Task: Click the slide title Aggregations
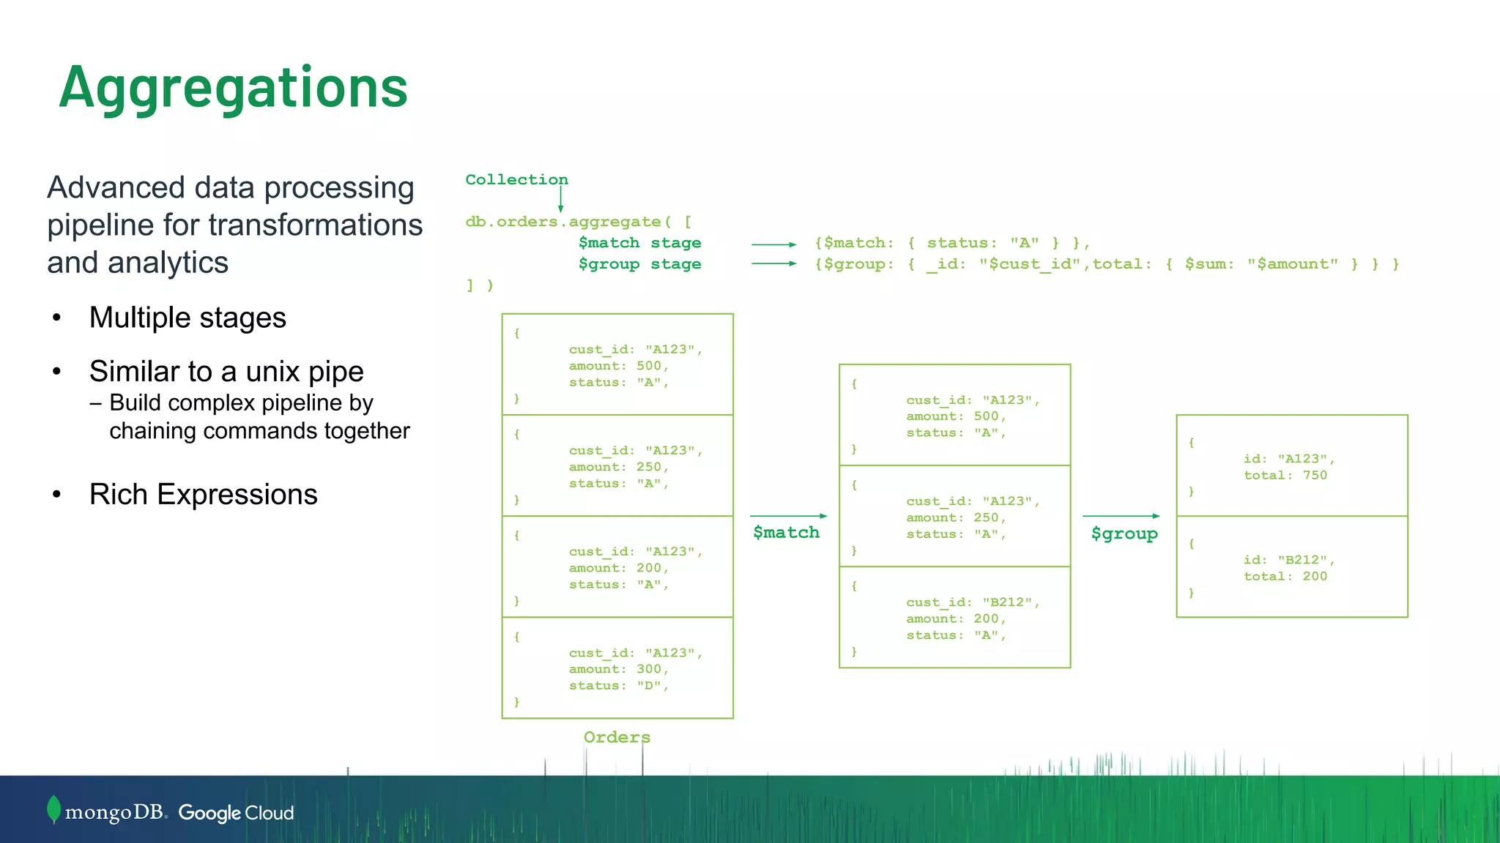(x=233, y=88)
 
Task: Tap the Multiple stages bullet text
(x=187, y=318)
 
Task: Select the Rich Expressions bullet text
(x=203, y=495)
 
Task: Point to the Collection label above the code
(x=516, y=179)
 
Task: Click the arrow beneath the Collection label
(x=561, y=199)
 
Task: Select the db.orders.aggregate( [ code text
(x=579, y=222)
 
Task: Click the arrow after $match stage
(x=773, y=244)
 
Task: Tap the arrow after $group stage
(x=773, y=263)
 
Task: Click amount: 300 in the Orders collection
(x=618, y=669)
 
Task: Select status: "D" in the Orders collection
(x=618, y=686)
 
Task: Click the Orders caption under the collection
(x=617, y=737)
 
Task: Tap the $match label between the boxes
(x=786, y=532)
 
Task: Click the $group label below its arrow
(x=1124, y=533)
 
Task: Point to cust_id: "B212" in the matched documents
(x=973, y=602)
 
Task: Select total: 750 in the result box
(x=1285, y=476)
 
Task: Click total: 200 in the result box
(x=1285, y=577)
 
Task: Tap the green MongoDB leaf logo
(x=53, y=809)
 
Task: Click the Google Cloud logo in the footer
(x=236, y=813)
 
